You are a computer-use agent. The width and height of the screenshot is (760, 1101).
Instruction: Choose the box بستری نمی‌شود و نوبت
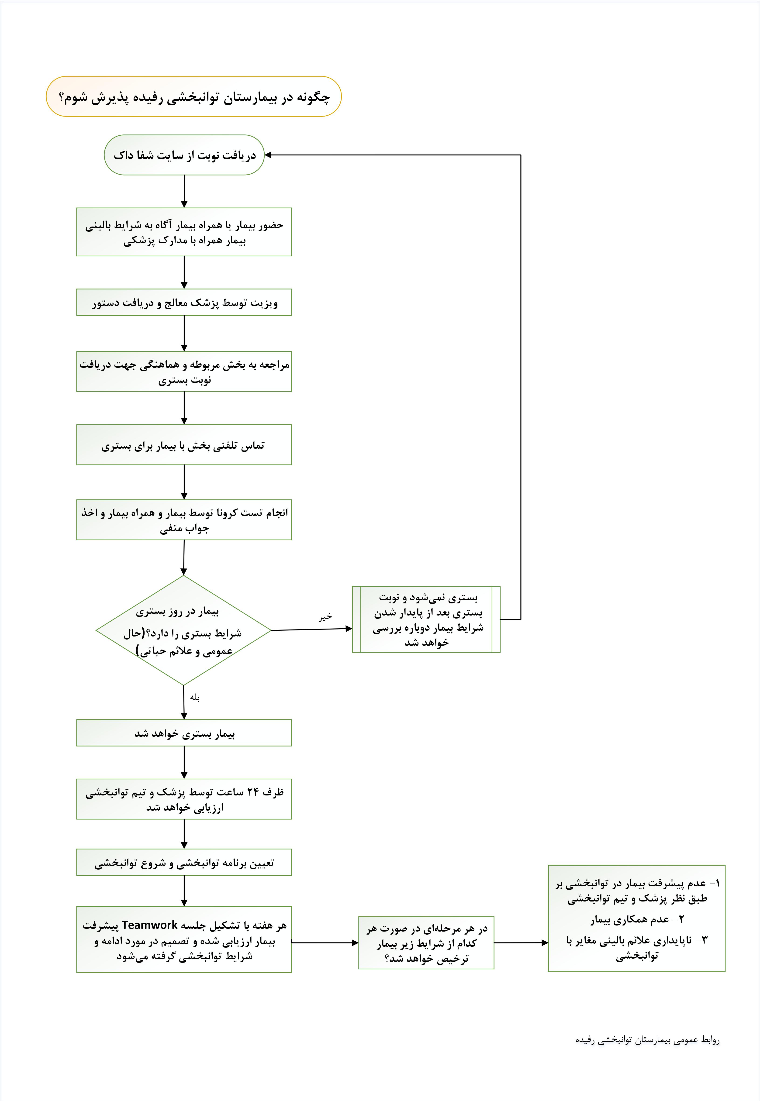pos(426,619)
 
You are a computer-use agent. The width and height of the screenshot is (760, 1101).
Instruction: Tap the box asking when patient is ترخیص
pos(426,943)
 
